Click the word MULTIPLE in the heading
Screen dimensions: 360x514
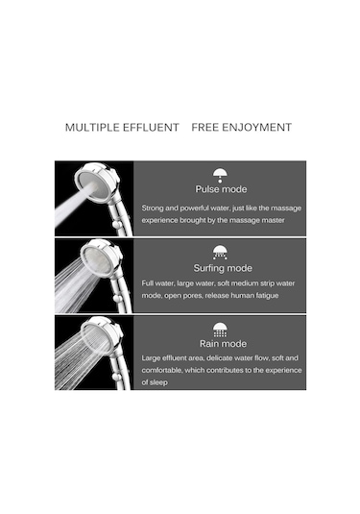[x=92, y=127]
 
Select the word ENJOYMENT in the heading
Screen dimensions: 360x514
[x=257, y=127]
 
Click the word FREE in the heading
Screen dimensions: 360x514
[x=204, y=127]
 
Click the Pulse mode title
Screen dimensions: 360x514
[x=221, y=189]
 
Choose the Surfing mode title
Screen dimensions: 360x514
[x=223, y=268]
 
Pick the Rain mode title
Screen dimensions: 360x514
[x=223, y=344]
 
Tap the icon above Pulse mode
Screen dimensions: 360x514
[x=220, y=176]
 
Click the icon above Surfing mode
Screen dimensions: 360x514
[x=220, y=253]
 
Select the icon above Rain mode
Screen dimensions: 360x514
[x=220, y=330]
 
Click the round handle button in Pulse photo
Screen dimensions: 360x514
[x=115, y=225]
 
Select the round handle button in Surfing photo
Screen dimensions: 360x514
[x=116, y=299]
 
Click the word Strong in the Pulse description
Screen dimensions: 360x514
[x=153, y=208]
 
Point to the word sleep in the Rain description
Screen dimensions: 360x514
[x=159, y=382]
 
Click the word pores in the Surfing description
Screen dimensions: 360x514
[x=193, y=296]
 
